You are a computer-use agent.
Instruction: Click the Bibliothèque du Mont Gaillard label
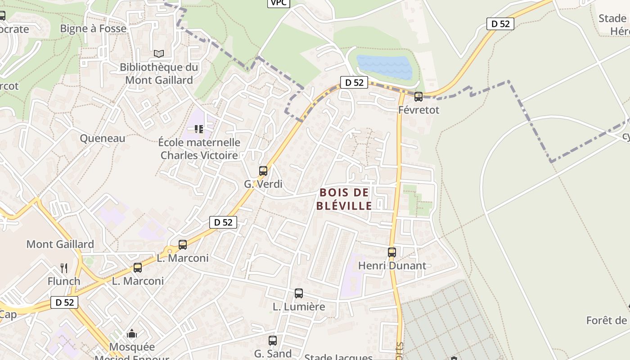(x=159, y=74)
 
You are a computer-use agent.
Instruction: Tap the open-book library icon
(x=159, y=54)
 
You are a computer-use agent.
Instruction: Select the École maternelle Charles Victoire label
(x=199, y=149)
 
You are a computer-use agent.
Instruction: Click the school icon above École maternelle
(x=199, y=129)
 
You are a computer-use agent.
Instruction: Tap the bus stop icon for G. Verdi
(x=263, y=171)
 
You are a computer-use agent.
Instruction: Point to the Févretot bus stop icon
(x=418, y=96)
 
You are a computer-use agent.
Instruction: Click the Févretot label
(x=418, y=110)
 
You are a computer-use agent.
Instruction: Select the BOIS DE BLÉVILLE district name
(x=344, y=199)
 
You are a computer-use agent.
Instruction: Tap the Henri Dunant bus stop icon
(x=392, y=252)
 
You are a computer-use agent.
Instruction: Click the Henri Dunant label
(x=392, y=265)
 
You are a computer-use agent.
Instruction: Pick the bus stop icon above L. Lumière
(x=299, y=293)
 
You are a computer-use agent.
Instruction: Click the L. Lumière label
(x=299, y=307)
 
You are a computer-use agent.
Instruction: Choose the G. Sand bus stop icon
(x=273, y=341)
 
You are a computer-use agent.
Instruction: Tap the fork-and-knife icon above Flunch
(x=64, y=268)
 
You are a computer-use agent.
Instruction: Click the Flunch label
(x=64, y=281)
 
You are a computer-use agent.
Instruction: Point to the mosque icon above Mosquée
(x=132, y=333)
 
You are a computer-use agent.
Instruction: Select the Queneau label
(x=103, y=138)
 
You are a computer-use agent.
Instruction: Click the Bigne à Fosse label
(x=93, y=28)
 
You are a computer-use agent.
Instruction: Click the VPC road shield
(x=279, y=3)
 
